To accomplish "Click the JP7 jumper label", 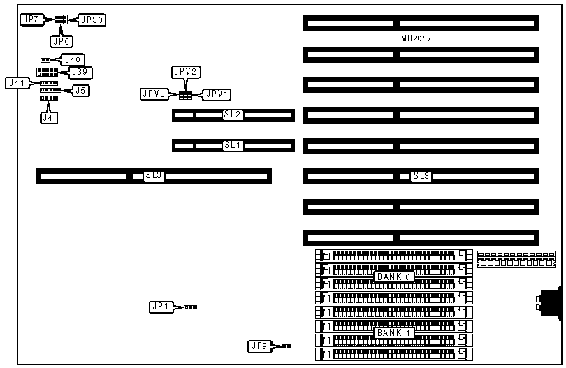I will tap(31, 20).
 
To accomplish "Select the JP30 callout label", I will tap(92, 20).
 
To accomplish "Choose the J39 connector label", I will tap(80, 72).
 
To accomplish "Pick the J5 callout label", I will tap(81, 89).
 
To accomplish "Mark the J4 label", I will tap(48, 117).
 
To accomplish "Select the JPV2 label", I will tap(186, 72).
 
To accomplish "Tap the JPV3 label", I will tap(154, 94).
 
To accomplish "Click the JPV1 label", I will tap(217, 94).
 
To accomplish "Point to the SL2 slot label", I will tap(232, 115).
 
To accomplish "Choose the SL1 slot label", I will tap(232, 145).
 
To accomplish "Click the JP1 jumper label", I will tap(161, 307).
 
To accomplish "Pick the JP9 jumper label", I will tap(259, 346).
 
